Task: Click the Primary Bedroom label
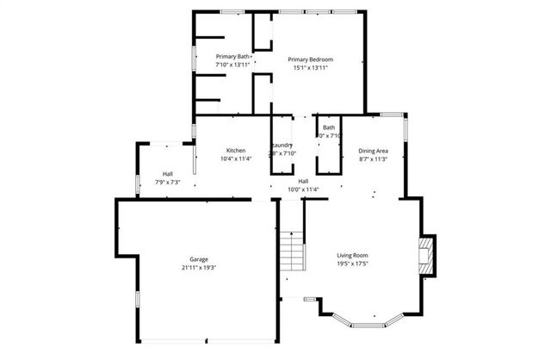click(310, 59)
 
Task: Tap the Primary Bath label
click(232, 57)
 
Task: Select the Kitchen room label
click(236, 150)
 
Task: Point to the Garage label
click(199, 259)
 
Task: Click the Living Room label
click(352, 255)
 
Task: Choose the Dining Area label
click(373, 150)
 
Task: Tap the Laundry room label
click(284, 145)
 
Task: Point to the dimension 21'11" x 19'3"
click(199, 268)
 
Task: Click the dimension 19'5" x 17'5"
click(352, 264)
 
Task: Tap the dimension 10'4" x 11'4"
click(236, 158)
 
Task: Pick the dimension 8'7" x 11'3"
click(373, 158)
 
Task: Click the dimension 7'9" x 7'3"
click(167, 182)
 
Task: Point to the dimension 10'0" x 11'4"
click(303, 189)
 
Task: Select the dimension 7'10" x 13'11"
click(232, 65)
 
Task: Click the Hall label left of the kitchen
click(167, 174)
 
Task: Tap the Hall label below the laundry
click(303, 181)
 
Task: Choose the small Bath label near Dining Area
click(329, 127)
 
